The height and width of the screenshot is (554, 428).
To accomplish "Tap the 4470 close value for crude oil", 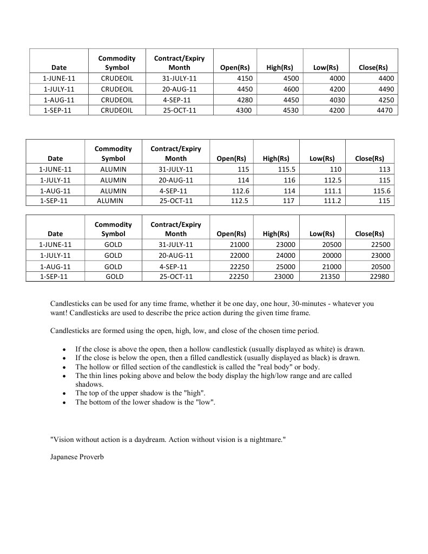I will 384,110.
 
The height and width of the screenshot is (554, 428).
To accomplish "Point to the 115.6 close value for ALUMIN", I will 380,191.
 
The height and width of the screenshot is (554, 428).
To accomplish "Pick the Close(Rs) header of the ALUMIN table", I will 370,159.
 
